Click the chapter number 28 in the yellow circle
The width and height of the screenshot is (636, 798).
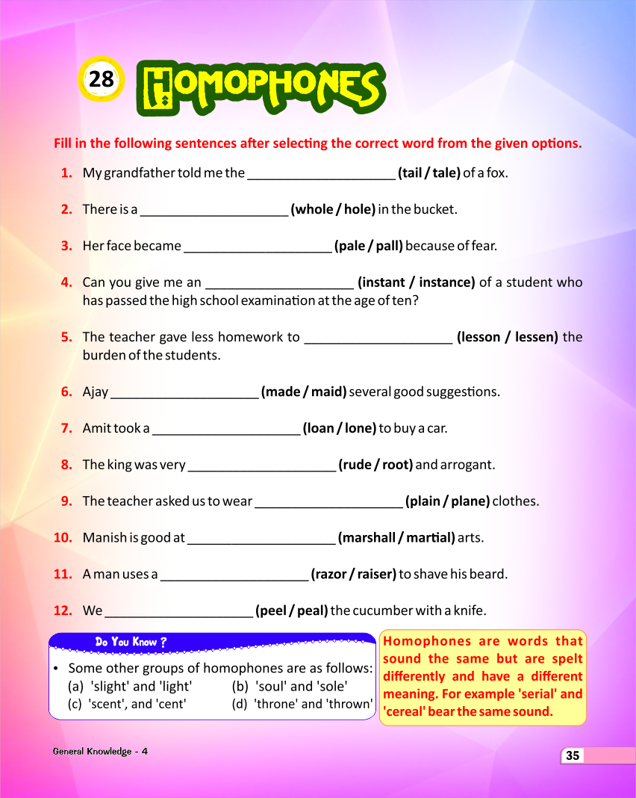[101, 79]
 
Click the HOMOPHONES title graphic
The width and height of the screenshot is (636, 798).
[261, 87]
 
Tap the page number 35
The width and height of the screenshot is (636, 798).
[573, 755]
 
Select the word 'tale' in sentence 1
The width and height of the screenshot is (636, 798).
[446, 173]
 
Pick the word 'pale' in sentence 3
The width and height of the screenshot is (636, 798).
[351, 246]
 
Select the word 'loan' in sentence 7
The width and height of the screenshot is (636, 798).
[321, 429]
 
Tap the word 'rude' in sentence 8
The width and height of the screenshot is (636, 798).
[356, 465]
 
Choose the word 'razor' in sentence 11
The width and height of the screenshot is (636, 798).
[330, 575]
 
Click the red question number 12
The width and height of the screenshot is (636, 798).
[63, 610]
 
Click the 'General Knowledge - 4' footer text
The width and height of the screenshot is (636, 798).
[100, 751]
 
